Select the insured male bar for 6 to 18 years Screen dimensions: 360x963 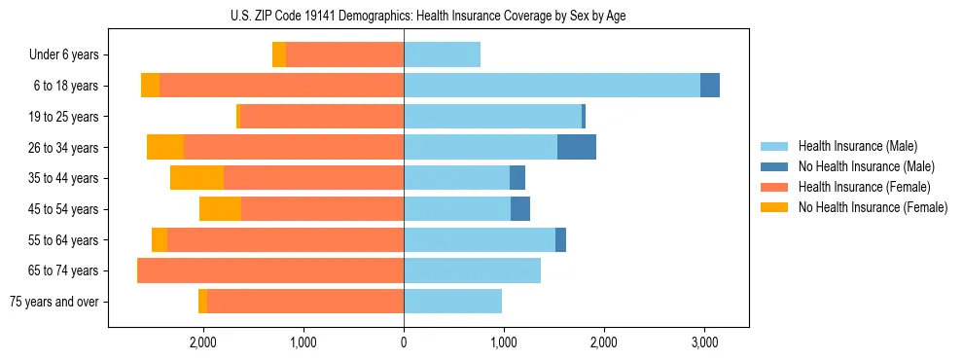click(x=552, y=86)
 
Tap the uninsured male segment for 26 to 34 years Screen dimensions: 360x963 click(x=576, y=147)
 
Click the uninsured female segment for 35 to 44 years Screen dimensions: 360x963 click(x=196, y=178)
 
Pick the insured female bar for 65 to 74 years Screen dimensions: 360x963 click(x=271, y=270)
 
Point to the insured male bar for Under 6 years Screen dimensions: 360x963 click(x=442, y=54)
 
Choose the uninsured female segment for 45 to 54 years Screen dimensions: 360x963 click(x=220, y=209)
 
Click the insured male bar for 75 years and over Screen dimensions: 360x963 click(x=452, y=302)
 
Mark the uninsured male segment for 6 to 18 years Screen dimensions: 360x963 click(x=710, y=86)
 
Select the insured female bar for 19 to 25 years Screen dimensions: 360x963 click(x=322, y=117)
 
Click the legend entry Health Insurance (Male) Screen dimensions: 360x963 click(x=852, y=147)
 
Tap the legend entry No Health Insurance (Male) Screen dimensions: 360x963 click(x=859, y=166)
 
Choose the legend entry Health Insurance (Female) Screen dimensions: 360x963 click(x=857, y=187)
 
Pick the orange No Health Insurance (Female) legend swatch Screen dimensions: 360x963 click(x=775, y=207)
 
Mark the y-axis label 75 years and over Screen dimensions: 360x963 click(x=54, y=302)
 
